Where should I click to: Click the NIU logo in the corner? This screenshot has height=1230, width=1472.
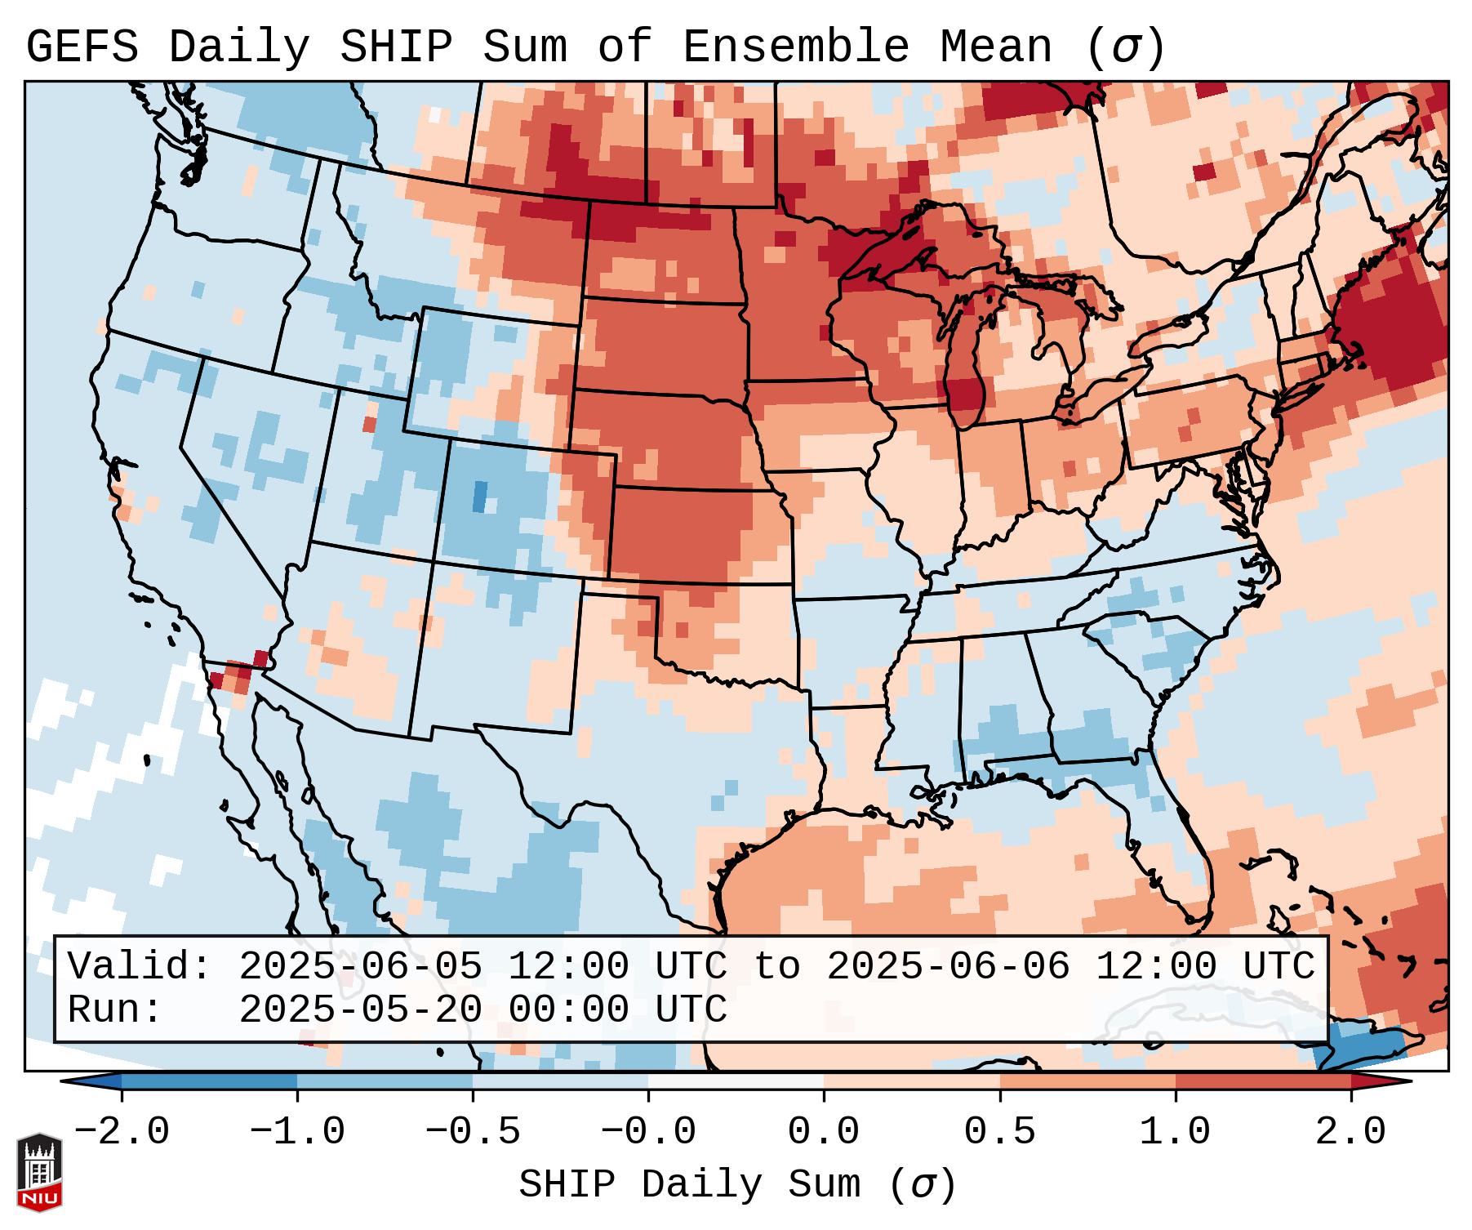coord(39,1172)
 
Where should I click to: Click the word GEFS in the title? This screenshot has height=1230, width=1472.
coord(82,47)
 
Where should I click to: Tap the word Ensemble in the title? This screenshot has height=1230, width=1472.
coord(795,47)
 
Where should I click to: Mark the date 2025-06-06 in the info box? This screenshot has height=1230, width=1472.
coord(948,967)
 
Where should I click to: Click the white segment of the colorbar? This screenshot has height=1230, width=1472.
coord(736,1081)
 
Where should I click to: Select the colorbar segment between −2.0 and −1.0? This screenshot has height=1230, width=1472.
coord(209,1081)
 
